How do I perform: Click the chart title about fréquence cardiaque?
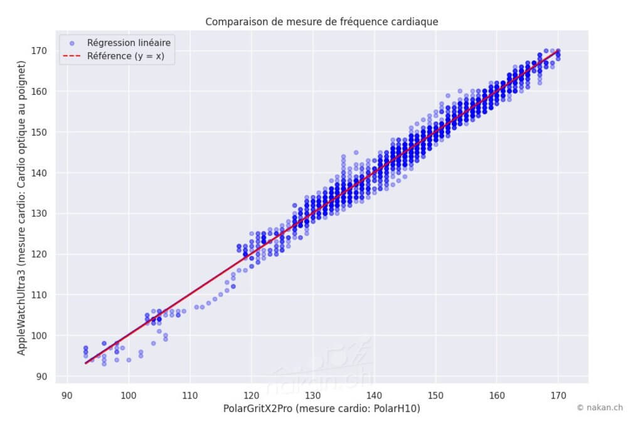pos(321,22)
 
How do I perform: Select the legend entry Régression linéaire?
pos(129,43)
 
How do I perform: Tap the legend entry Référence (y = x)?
pos(125,57)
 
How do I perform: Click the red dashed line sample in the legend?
pos(72,57)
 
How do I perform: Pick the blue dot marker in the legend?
pos(72,43)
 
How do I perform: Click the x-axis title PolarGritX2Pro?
pos(321,409)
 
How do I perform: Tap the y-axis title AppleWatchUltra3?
pos(22,214)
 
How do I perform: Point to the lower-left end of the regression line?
pos(86,363)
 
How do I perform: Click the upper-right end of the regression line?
pos(558,51)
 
